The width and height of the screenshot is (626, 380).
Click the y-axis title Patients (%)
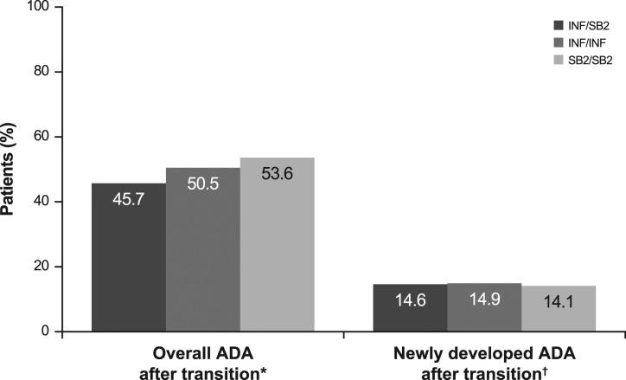tap(10, 169)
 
